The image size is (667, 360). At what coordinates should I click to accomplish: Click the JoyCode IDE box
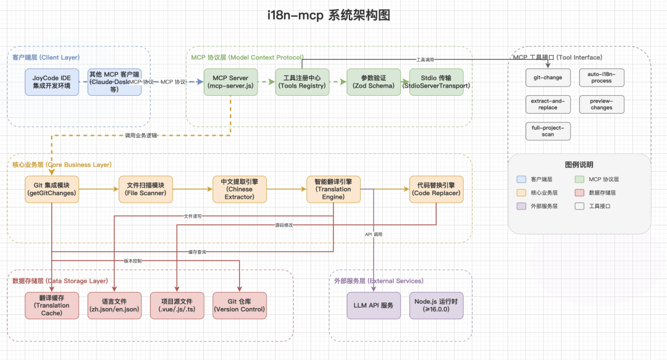(52, 82)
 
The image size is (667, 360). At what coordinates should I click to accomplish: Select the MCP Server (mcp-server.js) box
(231, 82)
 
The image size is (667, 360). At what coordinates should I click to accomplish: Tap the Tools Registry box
(301, 82)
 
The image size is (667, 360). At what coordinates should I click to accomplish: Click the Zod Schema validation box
(374, 82)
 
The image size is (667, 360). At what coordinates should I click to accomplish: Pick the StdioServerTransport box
(436, 82)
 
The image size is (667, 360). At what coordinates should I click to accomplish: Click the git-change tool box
(548, 78)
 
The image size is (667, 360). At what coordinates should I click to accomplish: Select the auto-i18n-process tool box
(602, 78)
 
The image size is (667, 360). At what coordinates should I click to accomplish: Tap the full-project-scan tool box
(548, 131)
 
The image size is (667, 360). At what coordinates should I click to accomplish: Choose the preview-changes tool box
(602, 104)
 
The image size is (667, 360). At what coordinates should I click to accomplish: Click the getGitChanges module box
(52, 189)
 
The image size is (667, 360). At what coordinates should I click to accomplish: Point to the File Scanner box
(146, 189)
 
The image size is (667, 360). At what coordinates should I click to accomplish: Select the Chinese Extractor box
(239, 189)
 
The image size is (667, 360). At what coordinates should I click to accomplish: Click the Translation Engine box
(333, 189)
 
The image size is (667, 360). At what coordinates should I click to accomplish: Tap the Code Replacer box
(436, 189)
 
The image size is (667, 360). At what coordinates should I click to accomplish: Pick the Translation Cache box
(52, 305)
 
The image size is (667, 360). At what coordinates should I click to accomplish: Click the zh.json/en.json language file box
(115, 305)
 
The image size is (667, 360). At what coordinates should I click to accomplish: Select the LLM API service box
(374, 305)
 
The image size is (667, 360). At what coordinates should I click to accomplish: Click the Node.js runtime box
(436, 305)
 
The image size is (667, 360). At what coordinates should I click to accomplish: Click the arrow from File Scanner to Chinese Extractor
(192, 189)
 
